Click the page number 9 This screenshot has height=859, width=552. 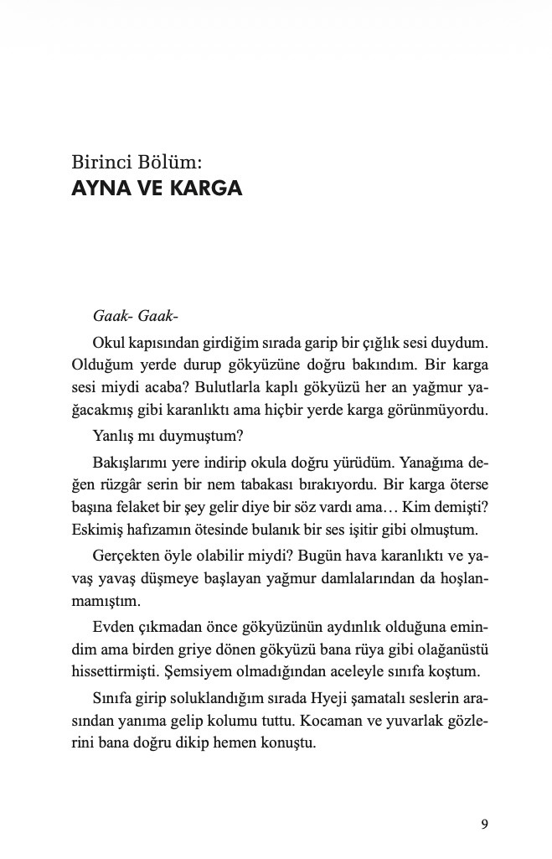(x=485, y=823)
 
